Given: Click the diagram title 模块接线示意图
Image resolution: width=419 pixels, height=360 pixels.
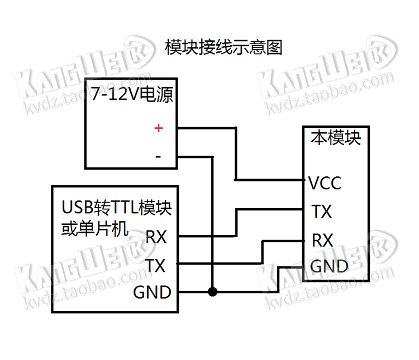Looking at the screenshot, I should [x=224, y=47].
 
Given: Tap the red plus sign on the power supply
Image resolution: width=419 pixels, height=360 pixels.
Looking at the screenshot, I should [x=159, y=128].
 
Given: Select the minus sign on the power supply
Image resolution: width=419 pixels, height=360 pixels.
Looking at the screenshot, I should [x=158, y=157].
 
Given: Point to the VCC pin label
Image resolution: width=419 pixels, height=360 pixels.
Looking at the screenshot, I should [x=325, y=183].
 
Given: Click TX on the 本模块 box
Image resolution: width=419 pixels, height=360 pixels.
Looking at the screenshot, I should [x=321, y=212].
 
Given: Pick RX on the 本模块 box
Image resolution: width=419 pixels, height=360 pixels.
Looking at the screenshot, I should [x=322, y=241].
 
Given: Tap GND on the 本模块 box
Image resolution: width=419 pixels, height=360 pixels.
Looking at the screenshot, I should [x=329, y=266].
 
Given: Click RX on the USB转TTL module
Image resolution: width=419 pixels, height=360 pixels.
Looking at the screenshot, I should [x=156, y=237].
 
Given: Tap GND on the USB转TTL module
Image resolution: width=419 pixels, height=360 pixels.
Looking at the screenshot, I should [x=152, y=292].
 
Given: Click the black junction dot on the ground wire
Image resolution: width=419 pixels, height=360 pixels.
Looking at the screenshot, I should [x=212, y=291].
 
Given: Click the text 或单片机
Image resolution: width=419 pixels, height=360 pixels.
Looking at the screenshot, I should [x=94, y=228].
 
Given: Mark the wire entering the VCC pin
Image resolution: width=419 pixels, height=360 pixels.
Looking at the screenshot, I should [x=271, y=180].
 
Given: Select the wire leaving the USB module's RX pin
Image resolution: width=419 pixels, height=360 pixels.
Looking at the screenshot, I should [x=207, y=236].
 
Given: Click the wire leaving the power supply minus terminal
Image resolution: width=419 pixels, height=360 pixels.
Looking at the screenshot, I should [x=196, y=157].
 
